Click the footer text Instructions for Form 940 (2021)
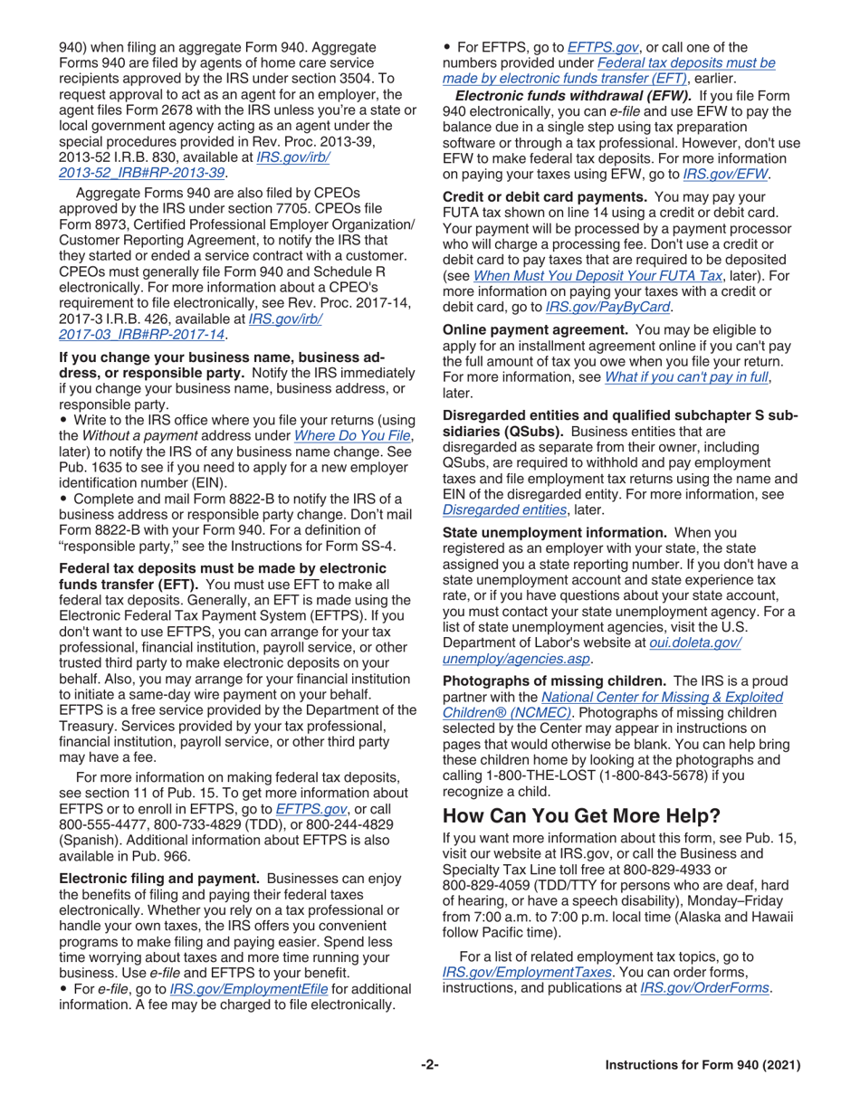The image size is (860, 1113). [x=702, y=1066]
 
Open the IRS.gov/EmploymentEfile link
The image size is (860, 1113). [x=249, y=988]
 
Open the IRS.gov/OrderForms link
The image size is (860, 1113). [x=705, y=988]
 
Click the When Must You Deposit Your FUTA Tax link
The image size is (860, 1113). [x=597, y=275]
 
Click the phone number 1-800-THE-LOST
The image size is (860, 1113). [x=553, y=775]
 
